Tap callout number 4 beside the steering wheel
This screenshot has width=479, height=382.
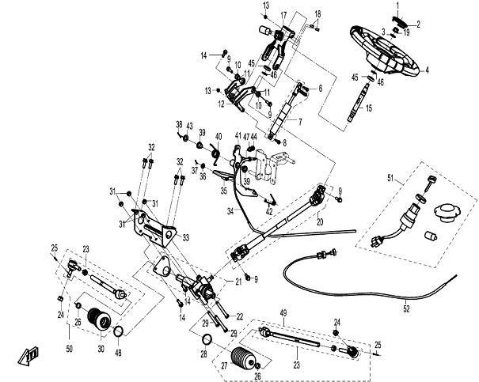pos(428,70)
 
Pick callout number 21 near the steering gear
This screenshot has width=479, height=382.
pos(239,282)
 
